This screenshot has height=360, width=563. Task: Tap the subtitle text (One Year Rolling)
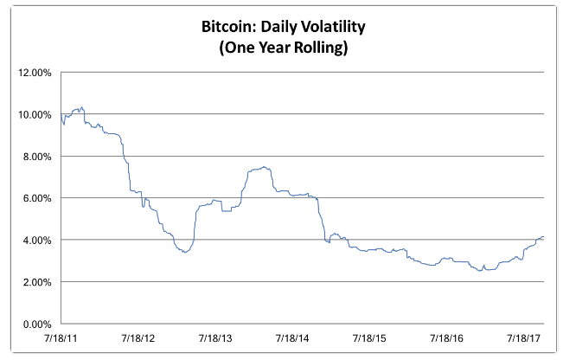click(281, 49)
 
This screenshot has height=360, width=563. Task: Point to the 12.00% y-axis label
click(35, 73)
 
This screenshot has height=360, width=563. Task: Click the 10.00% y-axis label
click(35, 114)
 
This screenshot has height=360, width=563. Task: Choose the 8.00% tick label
click(37, 157)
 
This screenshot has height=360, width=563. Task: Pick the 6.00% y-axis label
click(37, 198)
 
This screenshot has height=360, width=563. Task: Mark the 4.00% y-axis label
click(37, 240)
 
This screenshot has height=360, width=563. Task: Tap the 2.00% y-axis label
click(37, 282)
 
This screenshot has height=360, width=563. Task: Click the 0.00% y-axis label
click(37, 324)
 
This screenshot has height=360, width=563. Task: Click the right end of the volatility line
click(543, 236)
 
